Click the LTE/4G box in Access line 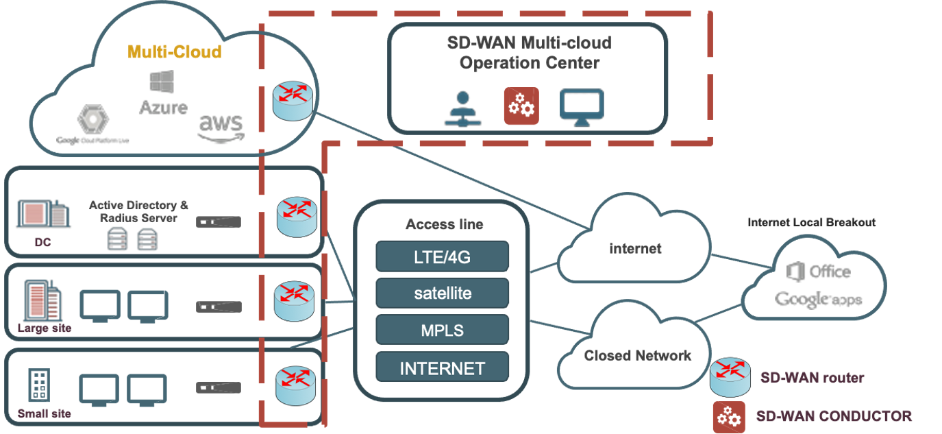[442, 257]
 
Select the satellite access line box [442, 293]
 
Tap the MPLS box [442, 330]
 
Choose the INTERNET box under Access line [442, 368]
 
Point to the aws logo [221, 126]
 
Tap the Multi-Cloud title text [174, 52]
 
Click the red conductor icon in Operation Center [521, 106]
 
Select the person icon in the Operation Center [463, 108]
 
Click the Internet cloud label [635, 248]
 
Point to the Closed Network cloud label [637, 355]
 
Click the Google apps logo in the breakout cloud [818, 300]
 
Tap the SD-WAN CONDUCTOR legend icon [728, 416]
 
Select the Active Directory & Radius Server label [139, 211]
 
